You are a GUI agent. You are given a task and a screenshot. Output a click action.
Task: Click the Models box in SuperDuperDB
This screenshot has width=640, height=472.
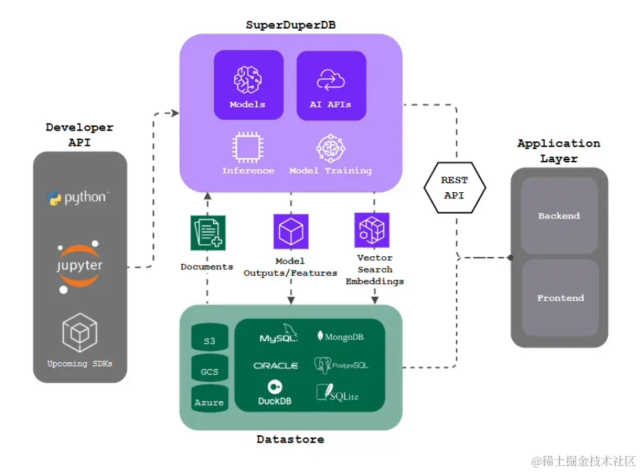pyautogui.click(x=248, y=85)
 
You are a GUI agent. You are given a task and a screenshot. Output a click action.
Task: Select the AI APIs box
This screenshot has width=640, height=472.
pyautogui.click(x=330, y=85)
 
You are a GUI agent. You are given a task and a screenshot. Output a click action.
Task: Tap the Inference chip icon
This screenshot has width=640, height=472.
pyautogui.click(x=247, y=147)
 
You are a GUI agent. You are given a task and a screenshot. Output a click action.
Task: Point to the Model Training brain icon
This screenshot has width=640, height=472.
pyautogui.click(x=330, y=147)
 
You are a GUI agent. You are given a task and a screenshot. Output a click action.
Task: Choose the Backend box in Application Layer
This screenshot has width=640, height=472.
pyautogui.click(x=559, y=215)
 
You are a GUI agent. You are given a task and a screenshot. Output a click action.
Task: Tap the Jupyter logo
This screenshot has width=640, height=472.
pyautogui.click(x=79, y=267)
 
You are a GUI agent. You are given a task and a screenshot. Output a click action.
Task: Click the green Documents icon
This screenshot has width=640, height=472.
pyautogui.click(x=207, y=233)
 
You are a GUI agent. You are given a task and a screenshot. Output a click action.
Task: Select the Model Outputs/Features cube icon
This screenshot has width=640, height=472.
pyautogui.click(x=291, y=231)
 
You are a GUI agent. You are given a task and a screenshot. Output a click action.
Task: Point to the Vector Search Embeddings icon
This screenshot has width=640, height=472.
pyautogui.click(x=372, y=229)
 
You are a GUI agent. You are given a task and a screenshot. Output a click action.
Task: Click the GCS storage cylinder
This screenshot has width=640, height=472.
pyautogui.click(x=209, y=371)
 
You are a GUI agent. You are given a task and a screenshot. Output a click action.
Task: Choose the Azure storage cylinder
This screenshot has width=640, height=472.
pyautogui.click(x=209, y=399)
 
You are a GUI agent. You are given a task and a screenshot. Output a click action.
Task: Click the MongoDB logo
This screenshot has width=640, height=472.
pyautogui.click(x=341, y=337)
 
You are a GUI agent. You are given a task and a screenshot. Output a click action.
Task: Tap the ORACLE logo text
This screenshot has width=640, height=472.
pyautogui.click(x=276, y=365)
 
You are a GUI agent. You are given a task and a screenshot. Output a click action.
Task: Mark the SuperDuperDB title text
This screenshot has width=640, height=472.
pyautogui.click(x=291, y=25)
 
